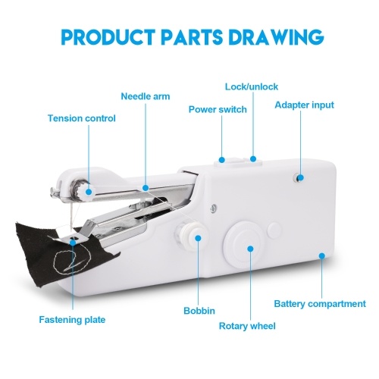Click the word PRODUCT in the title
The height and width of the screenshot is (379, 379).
click(x=108, y=37)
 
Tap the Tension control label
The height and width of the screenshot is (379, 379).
click(x=82, y=118)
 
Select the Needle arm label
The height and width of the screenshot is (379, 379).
click(x=146, y=96)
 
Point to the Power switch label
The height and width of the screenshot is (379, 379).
click(x=218, y=109)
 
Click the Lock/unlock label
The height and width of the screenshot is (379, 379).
click(x=252, y=86)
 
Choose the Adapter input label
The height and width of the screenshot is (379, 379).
click(x=304, y=105)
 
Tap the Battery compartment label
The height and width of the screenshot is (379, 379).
click(x=320, y=304)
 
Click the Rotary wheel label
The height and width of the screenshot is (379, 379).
click(x=247, y=326)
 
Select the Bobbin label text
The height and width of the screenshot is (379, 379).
click(x=199, y=311)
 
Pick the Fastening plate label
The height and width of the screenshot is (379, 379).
click(x=72, y=320)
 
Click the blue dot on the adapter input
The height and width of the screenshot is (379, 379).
click(x=300, y=178)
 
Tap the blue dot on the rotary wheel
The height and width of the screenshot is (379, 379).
click(x=250, y=249)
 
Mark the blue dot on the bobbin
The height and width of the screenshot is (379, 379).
click(x=199, y=238)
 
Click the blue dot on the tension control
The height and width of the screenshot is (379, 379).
click(x=89, y=192)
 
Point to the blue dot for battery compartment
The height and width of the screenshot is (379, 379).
click(x=321, y=255)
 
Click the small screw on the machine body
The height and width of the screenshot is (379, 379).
click(x=214, y=208)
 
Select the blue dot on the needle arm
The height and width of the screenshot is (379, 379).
click(x=146, y=188)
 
